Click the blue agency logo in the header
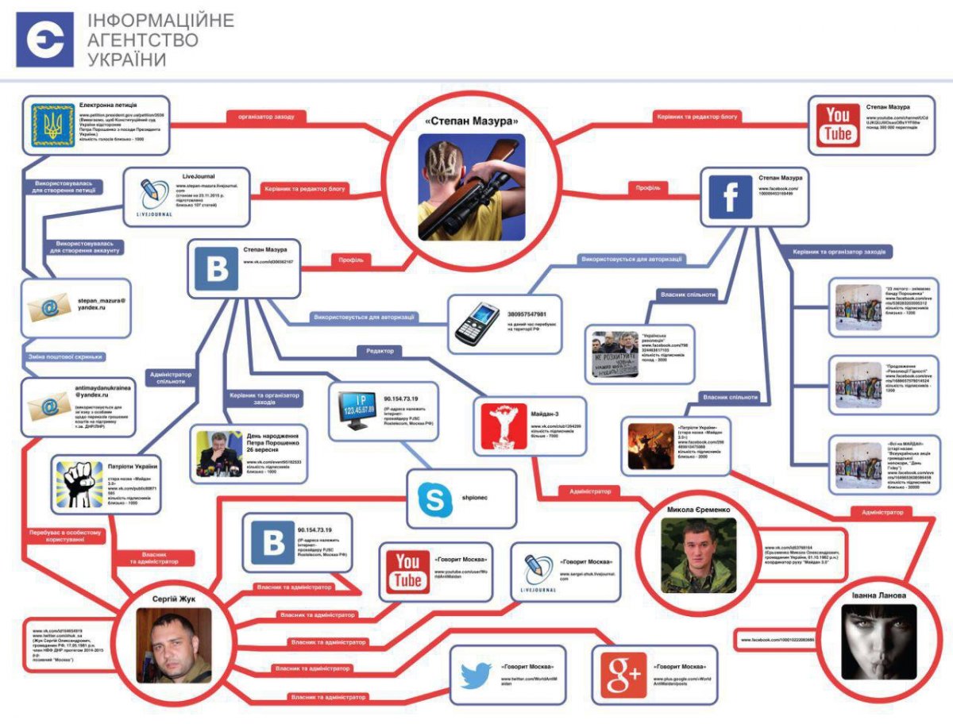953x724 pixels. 44,39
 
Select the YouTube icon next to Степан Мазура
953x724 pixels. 838,125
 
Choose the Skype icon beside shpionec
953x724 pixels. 435,499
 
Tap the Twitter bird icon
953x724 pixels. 476,676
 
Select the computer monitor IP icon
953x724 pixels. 356,410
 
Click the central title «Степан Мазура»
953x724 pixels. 471,121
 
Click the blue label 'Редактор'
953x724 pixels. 379,350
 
